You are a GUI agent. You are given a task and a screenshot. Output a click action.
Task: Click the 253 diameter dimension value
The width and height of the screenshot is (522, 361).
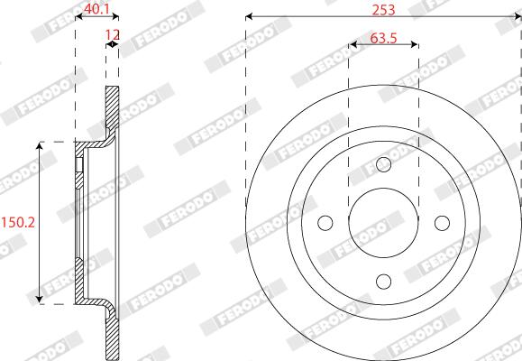tap(383, 10)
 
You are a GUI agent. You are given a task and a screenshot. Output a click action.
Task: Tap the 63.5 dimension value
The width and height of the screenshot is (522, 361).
tap(383, 38)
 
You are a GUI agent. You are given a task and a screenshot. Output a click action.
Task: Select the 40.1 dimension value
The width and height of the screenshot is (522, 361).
tap(96, 9)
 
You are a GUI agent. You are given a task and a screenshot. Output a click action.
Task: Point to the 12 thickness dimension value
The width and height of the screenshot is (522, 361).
tap(113, 34)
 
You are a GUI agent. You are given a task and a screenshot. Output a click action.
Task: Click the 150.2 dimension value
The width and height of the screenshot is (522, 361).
tap(18, 222)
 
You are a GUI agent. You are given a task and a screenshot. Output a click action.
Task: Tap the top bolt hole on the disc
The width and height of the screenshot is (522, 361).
tap(383, 164)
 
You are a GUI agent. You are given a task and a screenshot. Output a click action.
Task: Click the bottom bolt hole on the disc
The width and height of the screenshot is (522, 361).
tap(383, 282)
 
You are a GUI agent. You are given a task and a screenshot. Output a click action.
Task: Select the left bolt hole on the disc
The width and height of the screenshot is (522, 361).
tap(325, 223)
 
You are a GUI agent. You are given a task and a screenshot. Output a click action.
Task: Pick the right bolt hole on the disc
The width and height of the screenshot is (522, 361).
tap(442, 223)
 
